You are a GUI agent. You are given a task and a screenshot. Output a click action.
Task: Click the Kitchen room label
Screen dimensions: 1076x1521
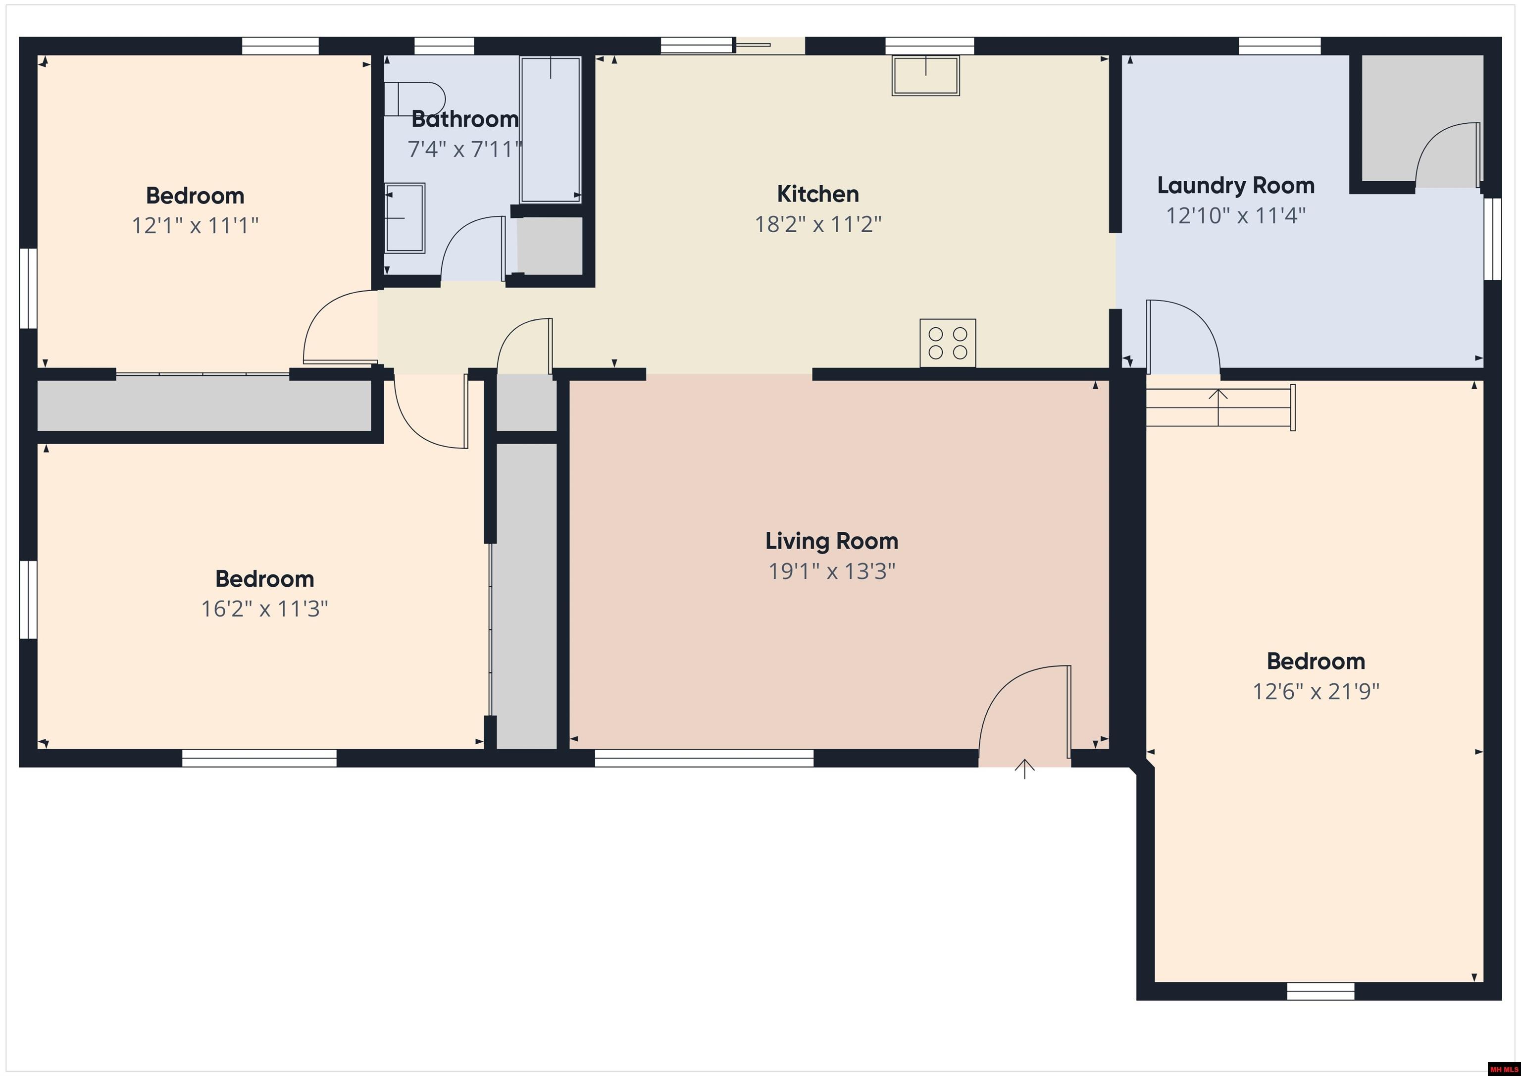click(817, 194)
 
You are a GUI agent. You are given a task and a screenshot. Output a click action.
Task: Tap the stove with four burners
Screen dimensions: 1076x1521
click(947, 343)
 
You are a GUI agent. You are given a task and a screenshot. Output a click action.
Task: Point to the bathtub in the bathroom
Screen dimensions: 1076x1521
click(551, 129)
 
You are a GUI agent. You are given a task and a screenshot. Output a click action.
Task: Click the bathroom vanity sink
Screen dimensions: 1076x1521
click(404, 218)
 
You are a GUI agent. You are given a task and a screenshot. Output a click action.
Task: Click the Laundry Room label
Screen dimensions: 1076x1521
click(1235, 186)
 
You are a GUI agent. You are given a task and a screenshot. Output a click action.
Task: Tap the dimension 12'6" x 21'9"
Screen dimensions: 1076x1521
click(1316, 692)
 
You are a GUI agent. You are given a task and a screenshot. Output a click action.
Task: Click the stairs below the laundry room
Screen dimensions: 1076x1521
click(1219, 407)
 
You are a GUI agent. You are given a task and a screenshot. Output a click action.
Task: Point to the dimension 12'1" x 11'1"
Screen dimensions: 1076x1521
click(195, 226)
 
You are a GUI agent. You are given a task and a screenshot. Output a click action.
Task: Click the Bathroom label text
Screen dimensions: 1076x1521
click(464, 119)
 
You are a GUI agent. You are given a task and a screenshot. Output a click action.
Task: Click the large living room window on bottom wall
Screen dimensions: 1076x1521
click(704, 758)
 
